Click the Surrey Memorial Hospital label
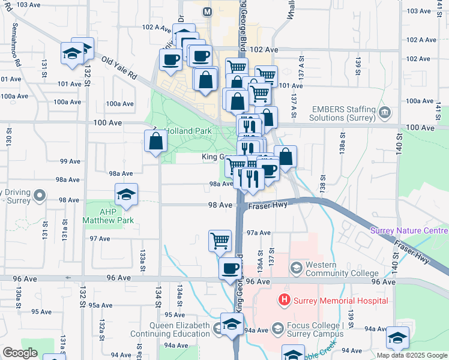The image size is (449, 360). [340, 301]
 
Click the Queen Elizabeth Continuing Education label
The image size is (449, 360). [171, 330]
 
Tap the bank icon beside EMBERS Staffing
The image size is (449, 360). [384, 112]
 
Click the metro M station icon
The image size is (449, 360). [208, 12]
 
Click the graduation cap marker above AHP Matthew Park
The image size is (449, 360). [127, 195]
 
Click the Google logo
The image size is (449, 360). [20, 353]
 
